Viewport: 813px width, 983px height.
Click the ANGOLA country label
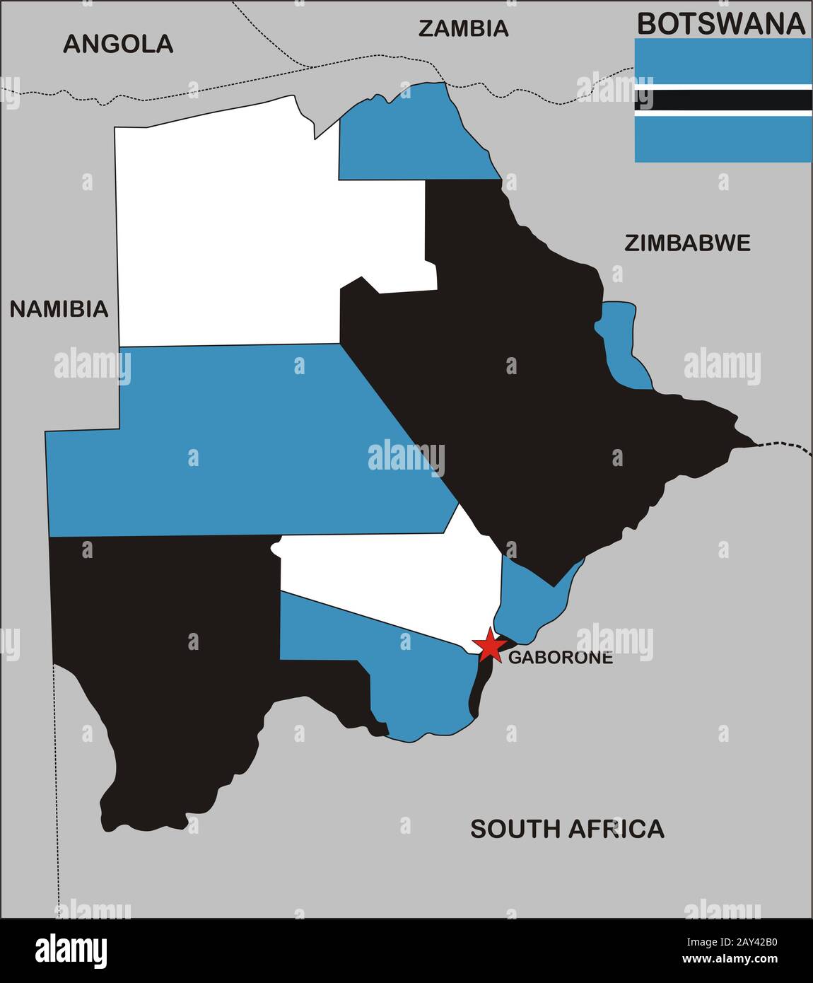(118, 44)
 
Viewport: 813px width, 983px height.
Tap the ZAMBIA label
(463, 28)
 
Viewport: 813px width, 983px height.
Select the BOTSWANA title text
(721, 23)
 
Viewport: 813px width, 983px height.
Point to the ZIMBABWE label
(687, 243)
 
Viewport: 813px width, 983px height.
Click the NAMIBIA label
(59, 309)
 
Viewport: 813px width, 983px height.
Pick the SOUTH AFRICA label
(567, 828)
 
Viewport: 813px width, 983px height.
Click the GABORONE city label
(561, 657)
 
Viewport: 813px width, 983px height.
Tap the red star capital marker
(489, 644)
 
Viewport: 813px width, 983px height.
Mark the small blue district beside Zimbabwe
(622, 339)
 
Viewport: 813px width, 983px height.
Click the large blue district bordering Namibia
(240, 438)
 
